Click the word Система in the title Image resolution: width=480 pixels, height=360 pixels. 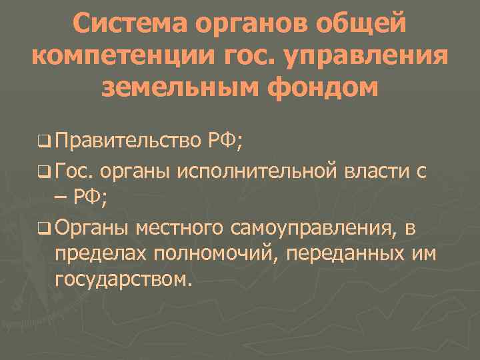click(126, 25)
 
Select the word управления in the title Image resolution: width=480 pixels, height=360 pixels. click(372, 57)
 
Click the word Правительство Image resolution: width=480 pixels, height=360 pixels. click(127, 141)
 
